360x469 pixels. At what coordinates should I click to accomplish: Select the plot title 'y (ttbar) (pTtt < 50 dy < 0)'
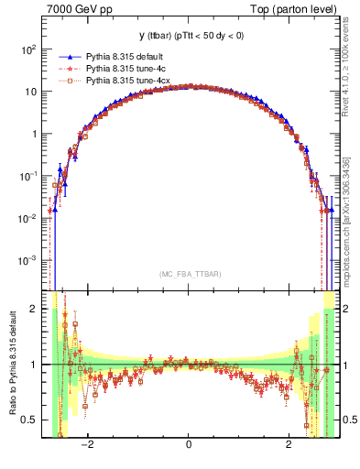(188, 36)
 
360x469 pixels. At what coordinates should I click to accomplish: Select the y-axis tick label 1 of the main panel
(35, 134)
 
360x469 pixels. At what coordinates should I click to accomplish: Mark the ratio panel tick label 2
(35, 309)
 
